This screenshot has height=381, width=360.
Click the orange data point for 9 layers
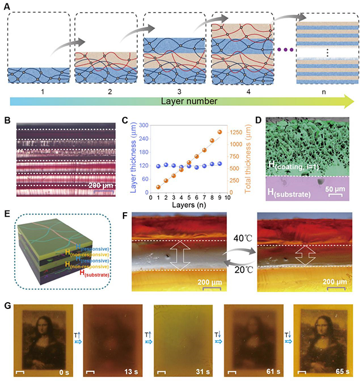(x=221, y=133)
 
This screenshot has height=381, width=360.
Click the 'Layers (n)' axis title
(x=189, y=204)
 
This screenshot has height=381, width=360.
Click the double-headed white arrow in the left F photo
(x=179, y=255)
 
